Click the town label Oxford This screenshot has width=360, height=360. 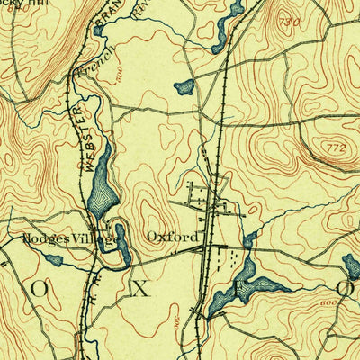tap(172, 238)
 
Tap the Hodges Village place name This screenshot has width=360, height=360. tap(68, 239)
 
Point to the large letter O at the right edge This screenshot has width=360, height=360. tap(345, 288)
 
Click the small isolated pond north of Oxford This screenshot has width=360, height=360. tap(184, 87)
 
